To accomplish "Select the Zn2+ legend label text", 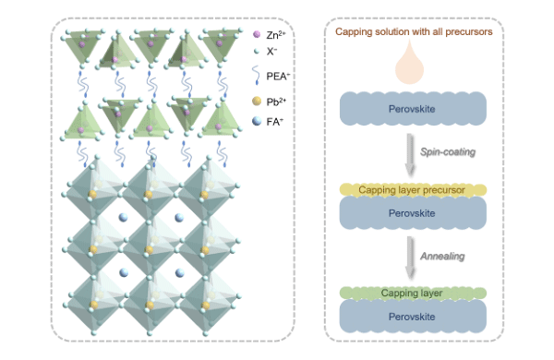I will pyautogui.click(x=276, y=34).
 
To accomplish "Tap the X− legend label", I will pyautogui.click(x=271, y=52).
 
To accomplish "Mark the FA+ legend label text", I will pyautogui.click(x=273, y=119).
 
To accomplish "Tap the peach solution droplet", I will pyautogui.click(x=413, y=65).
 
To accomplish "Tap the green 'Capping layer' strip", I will pyautogui.click(x=413, y=294).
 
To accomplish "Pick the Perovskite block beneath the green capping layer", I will pyautogui.click(x=413, y=317).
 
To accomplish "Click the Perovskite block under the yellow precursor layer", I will pyautogui.click(x=413, y=212).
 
